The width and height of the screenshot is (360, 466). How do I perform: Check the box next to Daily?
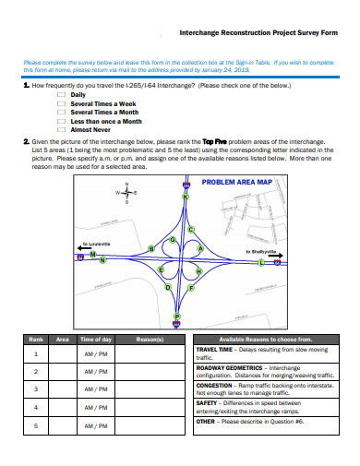pos(61,95)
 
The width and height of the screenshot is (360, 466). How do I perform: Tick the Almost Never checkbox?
pos(61,129)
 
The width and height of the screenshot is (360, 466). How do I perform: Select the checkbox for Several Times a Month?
pos(61,112)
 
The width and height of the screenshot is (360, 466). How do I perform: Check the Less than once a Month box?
pos(61,121)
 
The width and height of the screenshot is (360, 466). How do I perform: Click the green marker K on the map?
pos(186,197)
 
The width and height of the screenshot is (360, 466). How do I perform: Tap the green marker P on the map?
pos(177,316)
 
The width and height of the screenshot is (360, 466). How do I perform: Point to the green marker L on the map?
pos(261,262)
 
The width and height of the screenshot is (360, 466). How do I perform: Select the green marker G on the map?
pos(172,240)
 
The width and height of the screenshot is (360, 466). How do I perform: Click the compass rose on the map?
pos(126,194)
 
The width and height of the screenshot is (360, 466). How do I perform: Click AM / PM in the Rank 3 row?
pos(96,388)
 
